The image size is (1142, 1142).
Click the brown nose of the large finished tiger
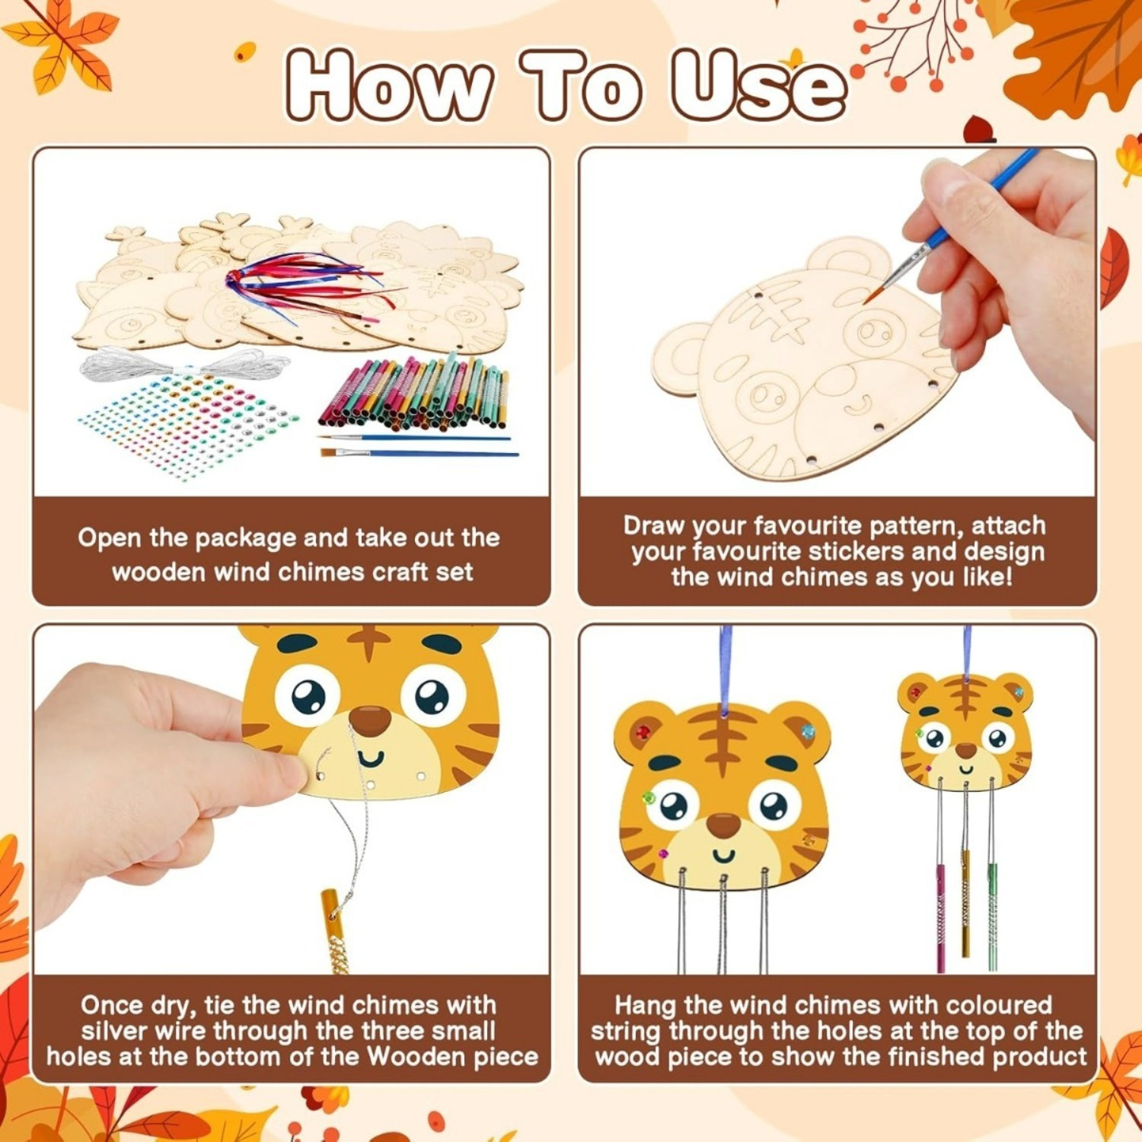[x=723, y=825]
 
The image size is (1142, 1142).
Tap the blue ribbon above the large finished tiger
[x=726, y=670]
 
